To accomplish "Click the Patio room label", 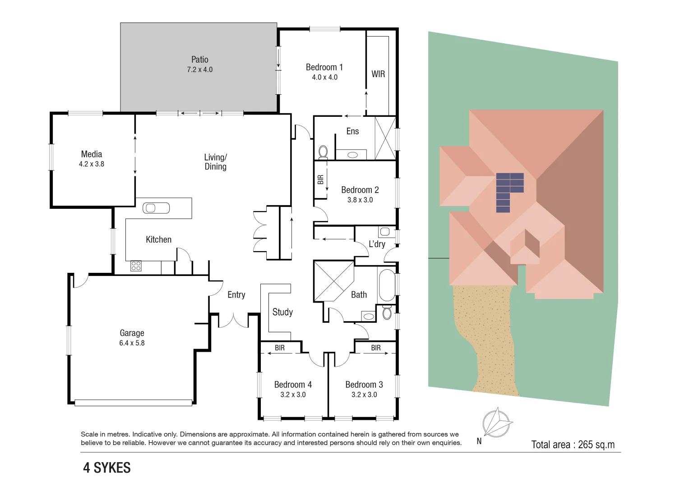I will point(199,60).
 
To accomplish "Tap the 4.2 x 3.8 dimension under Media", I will point(92,164).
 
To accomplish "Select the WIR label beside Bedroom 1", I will point(378,74).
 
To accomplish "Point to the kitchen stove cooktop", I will point(136,266).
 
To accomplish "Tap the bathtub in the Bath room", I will point(387,285).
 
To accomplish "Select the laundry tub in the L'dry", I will point(385,232).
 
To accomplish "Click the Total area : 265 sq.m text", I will point(573,445).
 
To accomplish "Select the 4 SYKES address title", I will point(107,468).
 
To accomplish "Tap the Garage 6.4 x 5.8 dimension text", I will point(132,343).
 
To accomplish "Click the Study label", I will point(282,312).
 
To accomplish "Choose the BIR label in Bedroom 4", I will point(280,348).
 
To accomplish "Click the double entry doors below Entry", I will point(233,320).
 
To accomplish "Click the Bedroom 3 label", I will point(364,385).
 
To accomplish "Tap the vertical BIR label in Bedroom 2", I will point(320,179).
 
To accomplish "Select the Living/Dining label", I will point(216,162).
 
